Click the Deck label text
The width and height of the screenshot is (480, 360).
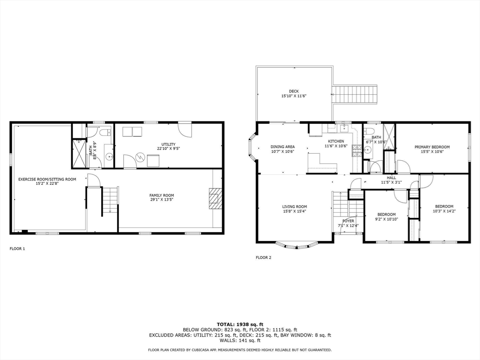tap(294, 91)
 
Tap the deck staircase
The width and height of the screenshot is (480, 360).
tap(354, 95)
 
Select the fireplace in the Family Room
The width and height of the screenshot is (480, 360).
tap(214, 199)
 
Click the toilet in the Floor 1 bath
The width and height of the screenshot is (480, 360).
tap(105, 132)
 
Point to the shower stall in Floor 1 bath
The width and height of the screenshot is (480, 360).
tap(79, 153)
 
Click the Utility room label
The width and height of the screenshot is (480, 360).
tap(168, 144)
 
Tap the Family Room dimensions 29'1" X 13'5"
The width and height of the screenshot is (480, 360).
tap(162, 200)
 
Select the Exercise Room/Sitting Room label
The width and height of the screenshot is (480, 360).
tap(47, 179)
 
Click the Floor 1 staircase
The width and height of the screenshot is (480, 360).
tap(110, 201)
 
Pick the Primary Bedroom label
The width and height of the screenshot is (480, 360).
tap(432, 147)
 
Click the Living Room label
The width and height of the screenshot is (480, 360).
tap(294, 207)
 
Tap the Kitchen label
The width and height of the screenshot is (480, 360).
tap(336, 141)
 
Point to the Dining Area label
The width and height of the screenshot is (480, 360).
tap(283, 147)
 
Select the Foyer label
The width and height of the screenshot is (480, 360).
tap(348, 221)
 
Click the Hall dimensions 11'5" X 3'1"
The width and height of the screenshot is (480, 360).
tap(391, 182)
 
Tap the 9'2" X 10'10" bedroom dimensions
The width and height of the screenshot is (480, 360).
tap(386, 219)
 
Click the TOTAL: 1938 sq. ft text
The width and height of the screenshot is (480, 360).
tap(240, 324)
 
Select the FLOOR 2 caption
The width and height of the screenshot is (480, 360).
tap(263, 257)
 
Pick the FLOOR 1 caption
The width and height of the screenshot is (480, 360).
tap(17, 248)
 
